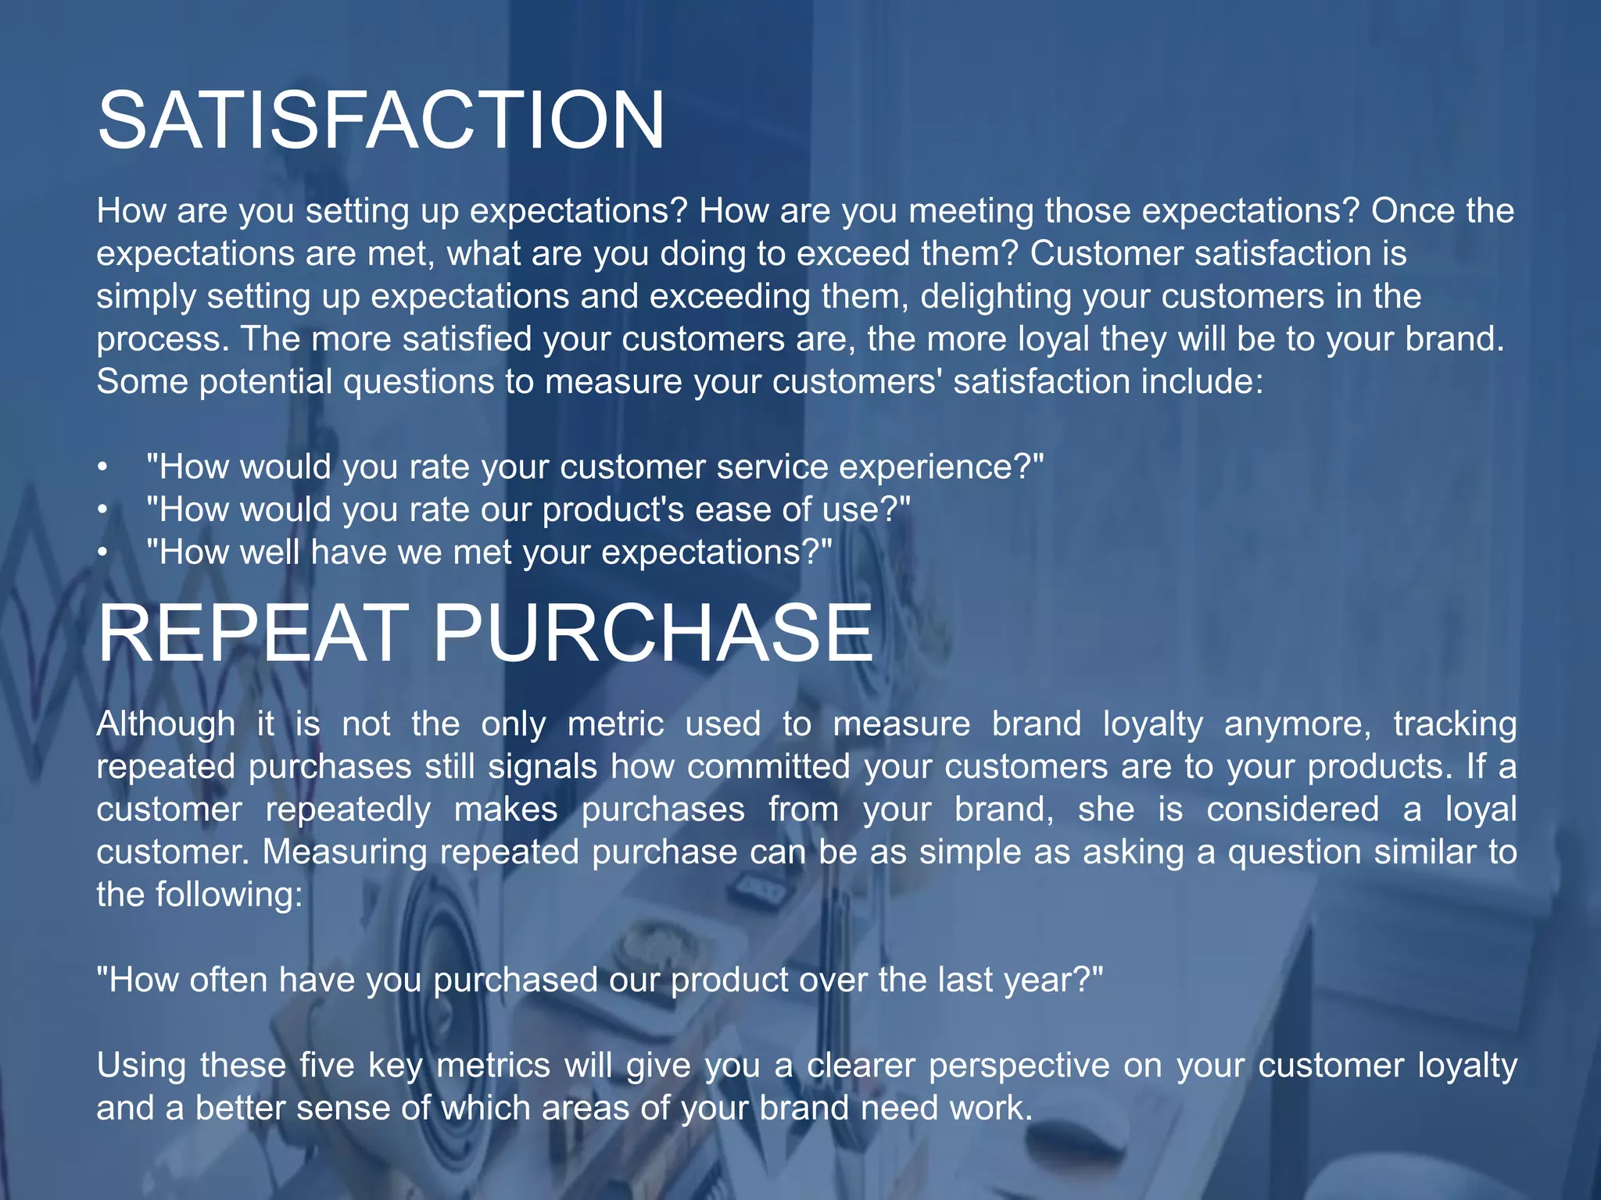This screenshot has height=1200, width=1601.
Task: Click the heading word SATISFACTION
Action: [x=381, y=120]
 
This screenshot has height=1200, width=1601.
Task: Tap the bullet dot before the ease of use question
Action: [x=102, y=510]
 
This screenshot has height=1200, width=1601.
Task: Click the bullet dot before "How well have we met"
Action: [x=102, y=553]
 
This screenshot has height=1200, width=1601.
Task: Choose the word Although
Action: [x=166, y=724]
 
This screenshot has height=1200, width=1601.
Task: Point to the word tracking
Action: [x=1455, y=724]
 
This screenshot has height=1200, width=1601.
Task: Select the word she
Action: [x=1105, y=809]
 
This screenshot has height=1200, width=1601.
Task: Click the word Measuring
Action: [x=344, y=852]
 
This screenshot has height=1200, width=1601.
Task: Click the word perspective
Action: [x=1019, y=1066]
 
